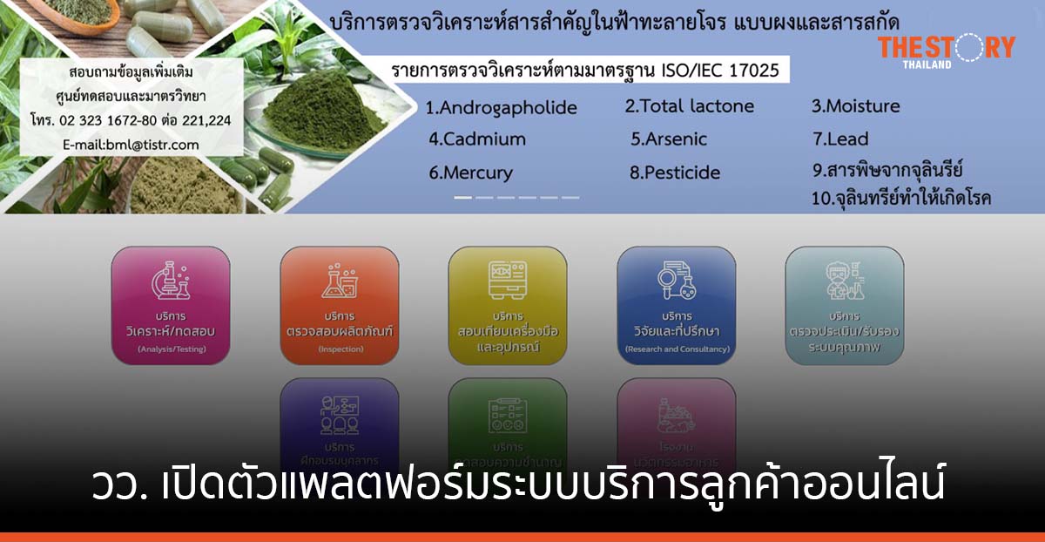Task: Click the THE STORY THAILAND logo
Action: point(946,51)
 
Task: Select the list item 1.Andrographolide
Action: point(501,108)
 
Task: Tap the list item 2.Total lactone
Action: point(689,106)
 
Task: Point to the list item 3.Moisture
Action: point(855,106)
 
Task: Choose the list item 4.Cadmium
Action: point(477,139)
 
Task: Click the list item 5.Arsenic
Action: point(668,139)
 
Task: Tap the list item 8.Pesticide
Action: point(675,173)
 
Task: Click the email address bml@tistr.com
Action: point(131,145)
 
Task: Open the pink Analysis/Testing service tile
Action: point(171,305)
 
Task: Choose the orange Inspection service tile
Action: point(340,305)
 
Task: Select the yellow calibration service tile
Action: point(508,305)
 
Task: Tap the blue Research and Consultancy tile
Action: point(677,305)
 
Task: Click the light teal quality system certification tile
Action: point(845,305)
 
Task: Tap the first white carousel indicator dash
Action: point(462,198)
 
